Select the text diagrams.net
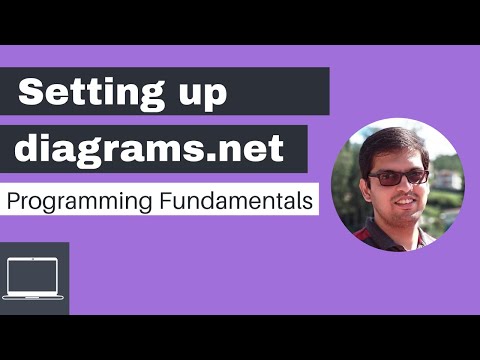click(x=151, y=149)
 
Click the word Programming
click(x=78, y=202)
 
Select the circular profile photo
click(x=397, y=185)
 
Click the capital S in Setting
click(x=33, y=95)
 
